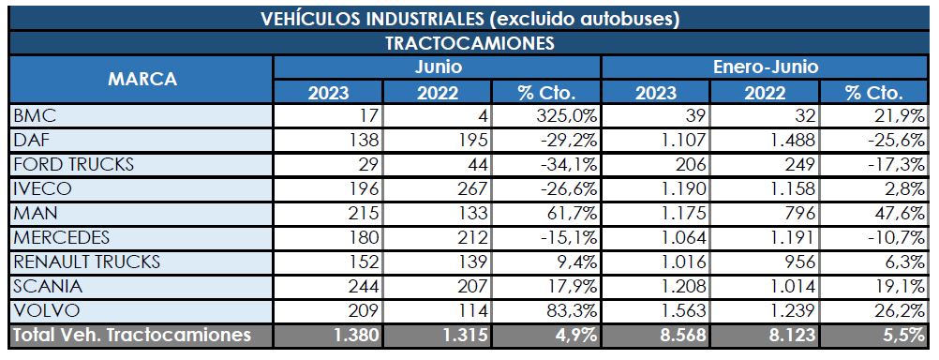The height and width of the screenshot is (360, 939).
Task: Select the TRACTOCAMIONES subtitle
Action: click(x=469, y=43)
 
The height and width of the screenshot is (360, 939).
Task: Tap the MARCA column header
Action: click(x=142, y=79)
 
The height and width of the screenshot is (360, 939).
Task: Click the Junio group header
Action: click(x=438, y=67)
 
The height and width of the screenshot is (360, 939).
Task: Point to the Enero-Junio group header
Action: click(x=766, y=67)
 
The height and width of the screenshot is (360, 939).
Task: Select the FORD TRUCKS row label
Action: click(x=72, y=164)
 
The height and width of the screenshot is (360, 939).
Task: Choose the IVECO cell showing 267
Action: click(x=466, y=188)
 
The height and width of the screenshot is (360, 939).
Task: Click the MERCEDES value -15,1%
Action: click(x=563, y=237)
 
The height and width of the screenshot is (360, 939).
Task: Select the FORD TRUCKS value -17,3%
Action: click(x=895, y=164)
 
